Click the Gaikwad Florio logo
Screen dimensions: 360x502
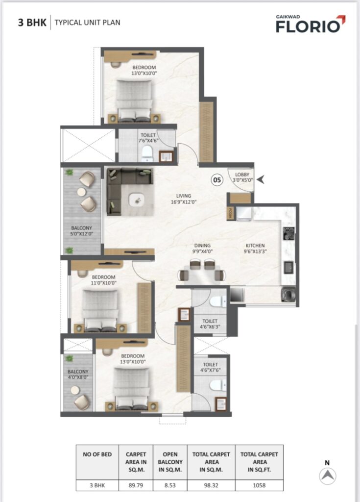311,24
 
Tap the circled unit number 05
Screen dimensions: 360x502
217,180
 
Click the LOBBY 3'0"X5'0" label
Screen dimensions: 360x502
242,177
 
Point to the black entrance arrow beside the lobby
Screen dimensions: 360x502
261,179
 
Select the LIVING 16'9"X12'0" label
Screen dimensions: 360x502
184,199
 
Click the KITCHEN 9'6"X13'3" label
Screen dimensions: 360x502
255,249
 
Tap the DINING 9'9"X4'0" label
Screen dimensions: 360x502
202,249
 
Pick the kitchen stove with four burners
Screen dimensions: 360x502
289,233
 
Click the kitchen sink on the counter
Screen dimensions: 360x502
289,267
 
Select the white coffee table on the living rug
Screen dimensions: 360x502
137,201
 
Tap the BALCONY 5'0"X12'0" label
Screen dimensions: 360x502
82,231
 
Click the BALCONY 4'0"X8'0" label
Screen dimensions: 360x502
78,374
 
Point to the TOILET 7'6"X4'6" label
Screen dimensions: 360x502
148,138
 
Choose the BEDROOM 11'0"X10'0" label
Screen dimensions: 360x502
103,280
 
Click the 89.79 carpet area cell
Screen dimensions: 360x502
136,485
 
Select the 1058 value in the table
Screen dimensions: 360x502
259,485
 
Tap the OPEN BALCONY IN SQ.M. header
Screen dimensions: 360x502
170,462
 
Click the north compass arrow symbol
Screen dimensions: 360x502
328,476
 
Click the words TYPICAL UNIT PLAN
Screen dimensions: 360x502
87,23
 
